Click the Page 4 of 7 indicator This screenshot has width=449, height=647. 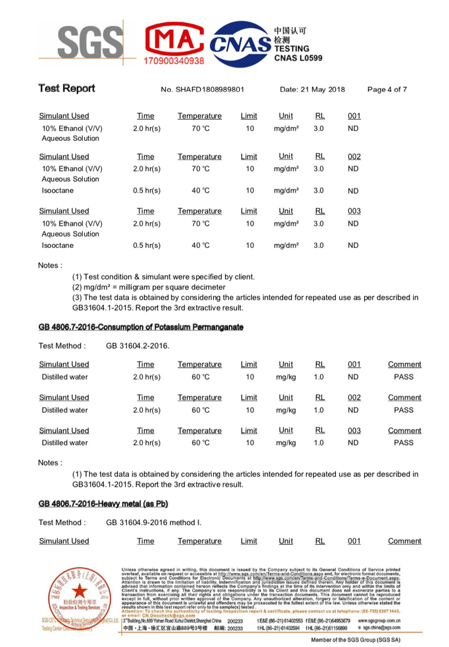pyautogui.click(x=387, y=89)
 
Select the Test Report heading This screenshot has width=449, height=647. pyautogui.click(x=67, y=88)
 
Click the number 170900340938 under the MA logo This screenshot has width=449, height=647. pyautogui.click(x=174, y=61)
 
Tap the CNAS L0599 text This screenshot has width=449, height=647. pyautogui.click(x=298, y=58)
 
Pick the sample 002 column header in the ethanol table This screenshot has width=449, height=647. pyautogui.click(x=354, y=156)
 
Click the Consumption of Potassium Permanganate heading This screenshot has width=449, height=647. pyautogui.click(x=141, y=327)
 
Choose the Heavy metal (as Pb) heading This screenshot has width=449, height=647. pyautogui.click(x=103, y=504)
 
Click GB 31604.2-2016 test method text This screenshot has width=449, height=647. pyautogui.click(x=137, y=345)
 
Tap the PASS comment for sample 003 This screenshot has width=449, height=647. pyautogui.click(x=404, y=442)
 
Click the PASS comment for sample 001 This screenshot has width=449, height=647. pyautogui.click(x=404, y=376)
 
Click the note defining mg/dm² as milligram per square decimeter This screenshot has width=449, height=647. pyautogui.click(x=149, y=287)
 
